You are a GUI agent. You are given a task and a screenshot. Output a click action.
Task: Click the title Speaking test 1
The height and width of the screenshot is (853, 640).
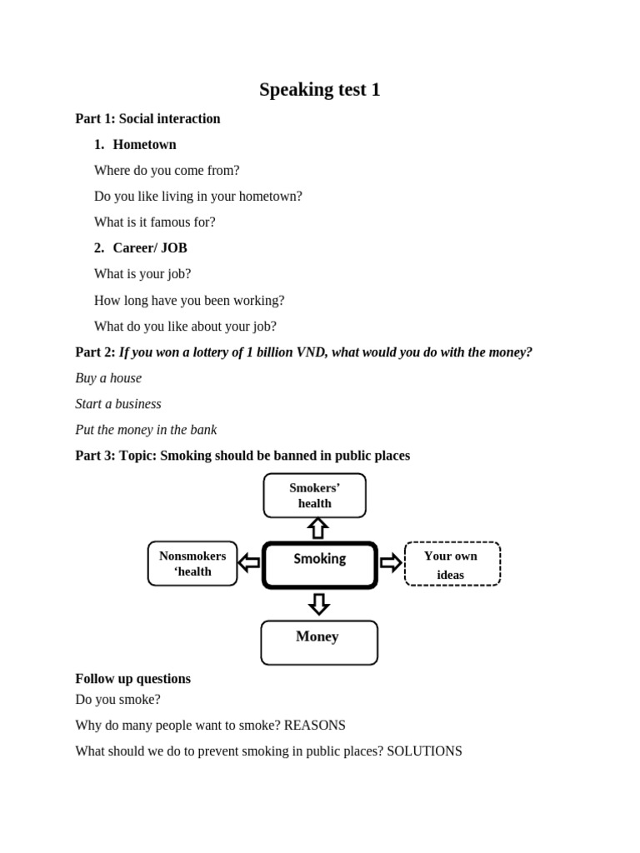pyautogui.click(x=319, y=90)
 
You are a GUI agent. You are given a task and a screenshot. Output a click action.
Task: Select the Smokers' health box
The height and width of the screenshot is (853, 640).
pyautogui.click(x=314, y=496)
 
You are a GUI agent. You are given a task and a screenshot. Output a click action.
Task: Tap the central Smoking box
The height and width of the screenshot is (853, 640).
pyautogui.click(x=320, y=565)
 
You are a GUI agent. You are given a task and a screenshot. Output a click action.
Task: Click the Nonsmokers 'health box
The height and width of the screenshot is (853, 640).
pyautogui.click(x=192, y=564)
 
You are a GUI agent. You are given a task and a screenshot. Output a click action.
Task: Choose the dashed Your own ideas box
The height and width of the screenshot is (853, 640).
pyautogui.click(x=452, y=565)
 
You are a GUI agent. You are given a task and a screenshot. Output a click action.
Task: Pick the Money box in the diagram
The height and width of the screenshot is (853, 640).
pyautogui.click(x=318, y=642)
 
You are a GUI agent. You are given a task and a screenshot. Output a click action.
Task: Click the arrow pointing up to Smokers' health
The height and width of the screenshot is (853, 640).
pyautogui.click(x=317, y=528)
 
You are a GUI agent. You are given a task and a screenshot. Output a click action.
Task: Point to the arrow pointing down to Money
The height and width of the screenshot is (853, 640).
pyautogui.click(x=318, y=603)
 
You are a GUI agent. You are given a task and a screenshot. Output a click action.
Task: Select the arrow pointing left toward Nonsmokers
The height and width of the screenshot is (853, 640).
pyautogui.click(x=248, y=564)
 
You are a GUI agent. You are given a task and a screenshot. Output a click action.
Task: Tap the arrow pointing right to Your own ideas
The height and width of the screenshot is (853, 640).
pyautogui.click(x=391, y=563)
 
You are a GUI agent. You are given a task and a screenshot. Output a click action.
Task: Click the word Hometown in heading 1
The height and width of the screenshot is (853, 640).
pyautogui.click(x=144, y=145)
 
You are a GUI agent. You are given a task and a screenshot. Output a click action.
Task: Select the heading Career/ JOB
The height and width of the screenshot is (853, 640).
pyautogui.click(x=150, y=248)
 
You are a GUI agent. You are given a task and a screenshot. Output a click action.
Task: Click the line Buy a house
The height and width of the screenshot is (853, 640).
pyautogui.click(x=108, y=378)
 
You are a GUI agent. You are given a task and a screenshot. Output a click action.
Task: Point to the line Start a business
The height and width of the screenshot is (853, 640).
pyautogui.click(x=118, y=404)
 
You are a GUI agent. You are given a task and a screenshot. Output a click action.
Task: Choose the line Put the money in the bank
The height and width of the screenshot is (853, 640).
pyautogui.click(x=146, y=430)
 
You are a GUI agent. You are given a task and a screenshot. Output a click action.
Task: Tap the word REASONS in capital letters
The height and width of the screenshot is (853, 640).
pyautogui.click(x=314, y=726)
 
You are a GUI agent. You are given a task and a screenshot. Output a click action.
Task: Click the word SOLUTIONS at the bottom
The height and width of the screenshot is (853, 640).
pyautogui.click(x=424, y=751)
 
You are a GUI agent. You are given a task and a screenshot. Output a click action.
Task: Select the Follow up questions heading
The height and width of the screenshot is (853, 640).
pyautogui.click(x=132, y=679)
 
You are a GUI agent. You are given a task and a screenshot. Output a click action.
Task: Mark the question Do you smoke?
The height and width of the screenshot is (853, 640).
pyautogui.click(x=117, y=700)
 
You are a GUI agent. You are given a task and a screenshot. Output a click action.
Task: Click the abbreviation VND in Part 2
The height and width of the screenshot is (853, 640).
pyautogui.click(x=312, y=352)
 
